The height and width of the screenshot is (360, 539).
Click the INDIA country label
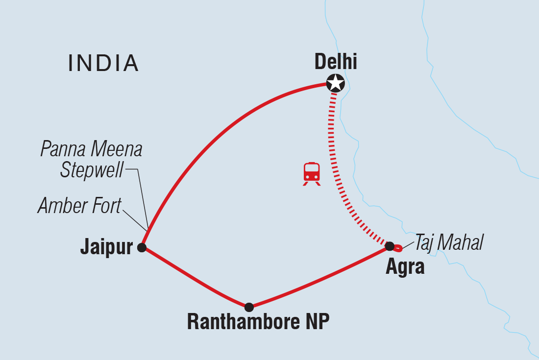(x=103, y=63)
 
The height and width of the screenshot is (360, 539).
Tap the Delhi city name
(x=336, y=62)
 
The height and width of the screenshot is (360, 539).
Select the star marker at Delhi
(x=336, y=83)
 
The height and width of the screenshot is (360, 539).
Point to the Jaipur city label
(x=106, y=247)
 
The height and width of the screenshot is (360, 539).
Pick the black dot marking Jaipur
(x=142, y=247)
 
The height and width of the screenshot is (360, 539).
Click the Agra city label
(x=405, y=267)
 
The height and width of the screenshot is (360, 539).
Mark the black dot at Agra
(x=390, y=246)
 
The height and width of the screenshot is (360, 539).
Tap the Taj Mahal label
(x=449, y=242)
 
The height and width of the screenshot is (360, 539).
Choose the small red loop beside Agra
(x=398, y=248)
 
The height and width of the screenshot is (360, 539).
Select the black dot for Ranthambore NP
(x=249, y=307)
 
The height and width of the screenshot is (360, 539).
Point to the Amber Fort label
(x=79, y=206)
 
